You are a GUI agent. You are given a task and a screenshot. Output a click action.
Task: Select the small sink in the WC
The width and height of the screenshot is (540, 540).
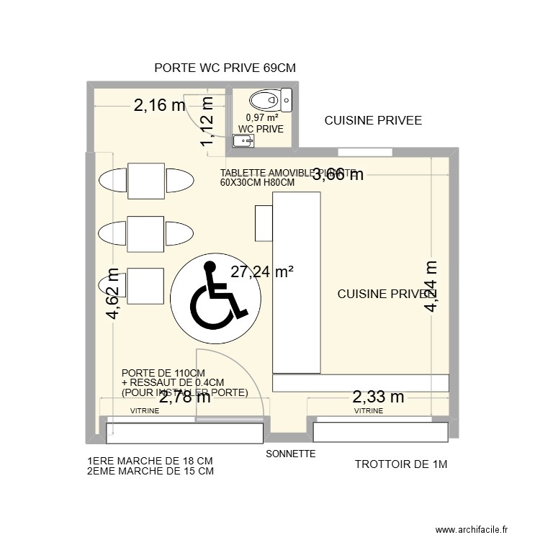tap(246, 140)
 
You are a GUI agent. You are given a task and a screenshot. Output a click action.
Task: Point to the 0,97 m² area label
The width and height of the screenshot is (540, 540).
tap(261, 117)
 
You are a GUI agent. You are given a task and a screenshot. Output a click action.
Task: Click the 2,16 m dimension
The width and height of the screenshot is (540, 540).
tap(159, 106)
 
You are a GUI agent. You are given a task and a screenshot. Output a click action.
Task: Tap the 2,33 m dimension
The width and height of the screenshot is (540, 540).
tap(377, 397)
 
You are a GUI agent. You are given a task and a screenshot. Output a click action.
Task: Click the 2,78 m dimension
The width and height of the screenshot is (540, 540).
tap(185, 397)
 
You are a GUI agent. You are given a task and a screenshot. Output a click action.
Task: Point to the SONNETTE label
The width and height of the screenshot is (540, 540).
tap(291, 454)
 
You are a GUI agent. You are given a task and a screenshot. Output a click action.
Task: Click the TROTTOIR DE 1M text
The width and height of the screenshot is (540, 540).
tap(401, 464)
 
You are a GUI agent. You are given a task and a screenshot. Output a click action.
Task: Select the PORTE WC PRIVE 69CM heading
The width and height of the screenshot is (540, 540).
tap(225, 68)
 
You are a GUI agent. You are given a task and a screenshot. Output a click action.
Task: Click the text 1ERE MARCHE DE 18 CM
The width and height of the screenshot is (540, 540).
tap(150, 461)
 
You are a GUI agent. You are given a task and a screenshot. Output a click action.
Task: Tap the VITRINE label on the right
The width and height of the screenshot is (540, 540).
tap(368, 411)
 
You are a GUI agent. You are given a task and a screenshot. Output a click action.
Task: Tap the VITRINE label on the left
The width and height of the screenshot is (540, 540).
tap(145, 411)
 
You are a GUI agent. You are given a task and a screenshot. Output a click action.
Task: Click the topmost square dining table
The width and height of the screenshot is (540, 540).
tap(147, 180)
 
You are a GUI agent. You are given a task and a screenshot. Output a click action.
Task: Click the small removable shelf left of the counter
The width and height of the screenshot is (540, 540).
tap(264, 222)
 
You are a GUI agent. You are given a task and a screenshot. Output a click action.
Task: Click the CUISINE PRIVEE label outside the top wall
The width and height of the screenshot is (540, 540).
tap(373, 120)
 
